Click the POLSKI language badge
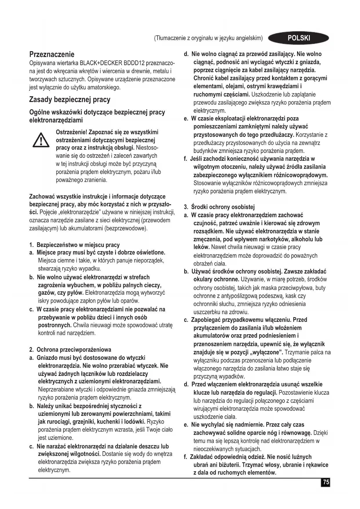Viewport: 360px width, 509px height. pos(299,38)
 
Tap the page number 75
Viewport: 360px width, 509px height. pos(326,482)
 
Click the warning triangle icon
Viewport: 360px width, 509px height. pos(41,140)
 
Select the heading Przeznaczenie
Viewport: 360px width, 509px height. pos(52,54)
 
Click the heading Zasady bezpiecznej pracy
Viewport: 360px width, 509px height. pos(70,100)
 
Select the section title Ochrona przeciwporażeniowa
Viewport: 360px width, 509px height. pos(74,349)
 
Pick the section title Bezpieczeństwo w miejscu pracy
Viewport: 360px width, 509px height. pos(78,245)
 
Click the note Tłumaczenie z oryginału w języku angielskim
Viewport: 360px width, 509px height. pos(208,38)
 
